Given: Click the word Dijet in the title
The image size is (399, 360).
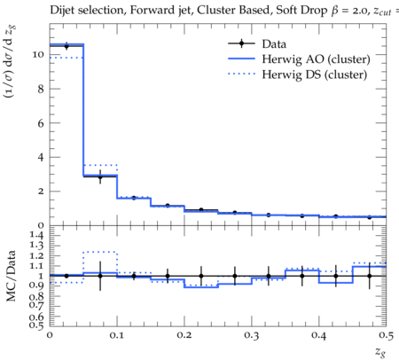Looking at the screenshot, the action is pos(62,11).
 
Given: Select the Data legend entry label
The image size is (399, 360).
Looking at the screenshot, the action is pos(274,44).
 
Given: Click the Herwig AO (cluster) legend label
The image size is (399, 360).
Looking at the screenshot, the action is pos(316,59).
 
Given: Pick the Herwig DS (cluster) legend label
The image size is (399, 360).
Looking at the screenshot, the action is pos(315,74).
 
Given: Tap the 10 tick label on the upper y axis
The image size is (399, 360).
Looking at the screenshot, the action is pos(38,55).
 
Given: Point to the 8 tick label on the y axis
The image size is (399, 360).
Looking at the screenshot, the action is pos(41,89).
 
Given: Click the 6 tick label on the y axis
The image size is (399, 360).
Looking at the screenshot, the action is pos(41,123).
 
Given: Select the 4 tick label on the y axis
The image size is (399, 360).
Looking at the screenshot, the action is pos(41,157).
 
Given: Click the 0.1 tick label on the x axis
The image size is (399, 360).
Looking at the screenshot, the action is pos(117,336).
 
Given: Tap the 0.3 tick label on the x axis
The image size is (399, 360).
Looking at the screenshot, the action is pos(252,336).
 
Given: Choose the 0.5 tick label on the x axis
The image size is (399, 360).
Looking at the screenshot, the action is pos(387,336).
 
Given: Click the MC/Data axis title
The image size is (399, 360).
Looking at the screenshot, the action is pos(11,276).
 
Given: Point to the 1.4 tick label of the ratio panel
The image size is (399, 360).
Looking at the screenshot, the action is pos(36,235).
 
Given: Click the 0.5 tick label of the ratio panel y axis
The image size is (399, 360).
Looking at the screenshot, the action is pos(36,325).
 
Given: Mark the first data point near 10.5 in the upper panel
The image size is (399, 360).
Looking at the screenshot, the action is pos(66,46).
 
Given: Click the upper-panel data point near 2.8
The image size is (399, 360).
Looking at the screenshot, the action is pos(100,177).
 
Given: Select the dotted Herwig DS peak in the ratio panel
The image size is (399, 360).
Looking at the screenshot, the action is pos(100,252).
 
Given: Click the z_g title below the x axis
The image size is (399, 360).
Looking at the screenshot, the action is pos(380,351).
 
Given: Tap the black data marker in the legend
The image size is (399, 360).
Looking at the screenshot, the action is pos(241,43).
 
